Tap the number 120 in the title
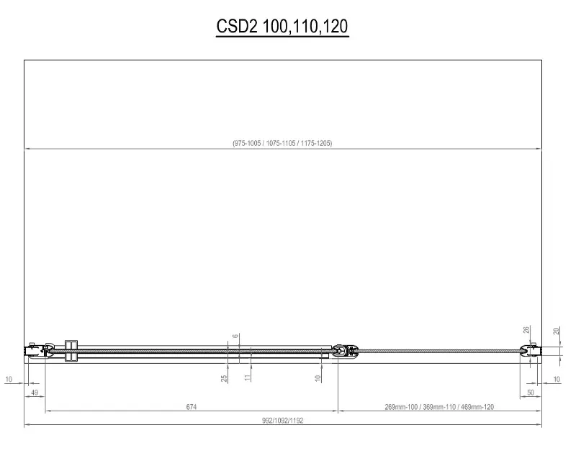point(336,26)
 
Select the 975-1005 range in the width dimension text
point(247,143)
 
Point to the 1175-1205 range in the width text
point(316,143)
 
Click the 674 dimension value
point(192,406)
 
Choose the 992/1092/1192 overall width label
point(282,421)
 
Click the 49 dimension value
point(34,393)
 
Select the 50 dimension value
point(531,393)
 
